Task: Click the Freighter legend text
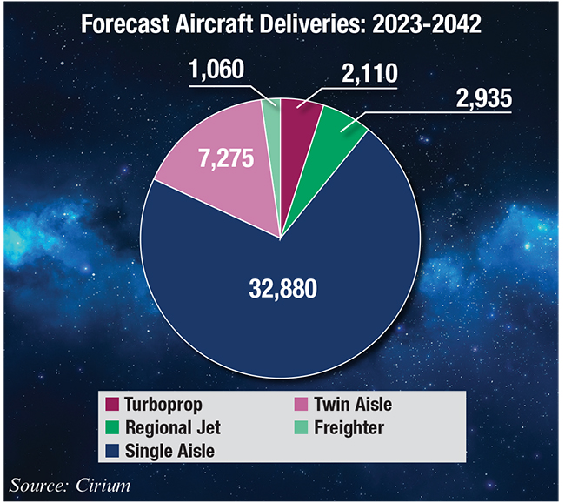(x=348, y=428)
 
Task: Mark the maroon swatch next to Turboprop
(x=112, y=405)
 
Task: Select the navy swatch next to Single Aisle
(x=112, y=451)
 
